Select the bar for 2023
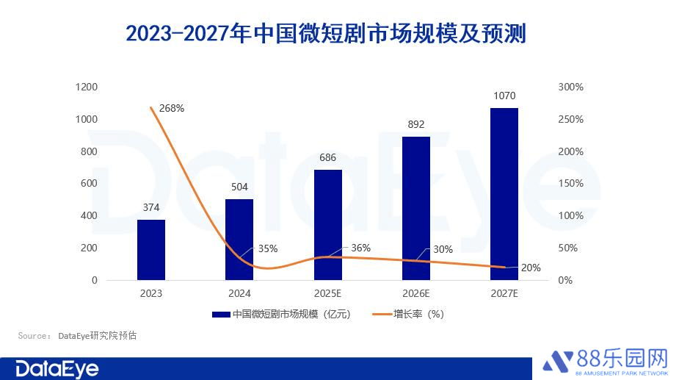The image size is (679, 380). tap(151, 249)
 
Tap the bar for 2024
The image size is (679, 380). tap(239, 239)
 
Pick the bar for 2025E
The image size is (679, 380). tap(328, 224)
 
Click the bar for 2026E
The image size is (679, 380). tap(416, 208)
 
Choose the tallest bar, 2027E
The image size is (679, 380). tap(504, 193)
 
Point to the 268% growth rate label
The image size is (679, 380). tap(171, 108)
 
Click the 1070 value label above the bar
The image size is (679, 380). tap(504, 96)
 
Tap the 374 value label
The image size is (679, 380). tap(151, 207)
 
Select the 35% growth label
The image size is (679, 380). tap(268, 248)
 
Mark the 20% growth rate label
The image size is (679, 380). tap(531, 268)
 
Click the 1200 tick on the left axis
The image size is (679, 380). tap(87, 87)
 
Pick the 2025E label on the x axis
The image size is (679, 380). tap(328, 293)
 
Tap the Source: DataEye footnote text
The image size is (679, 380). tap(77, 336)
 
